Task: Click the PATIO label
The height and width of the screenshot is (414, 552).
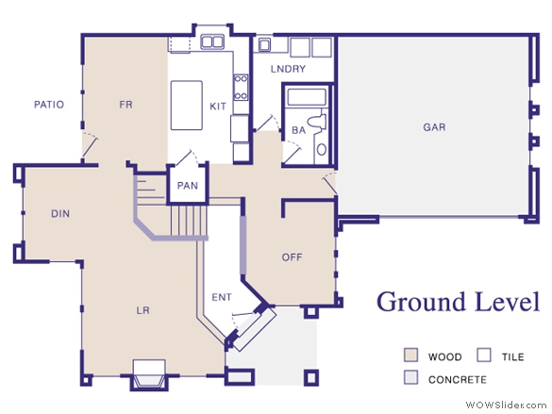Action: (x=49, y=105)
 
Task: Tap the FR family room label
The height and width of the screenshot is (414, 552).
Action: (x=126, y=105)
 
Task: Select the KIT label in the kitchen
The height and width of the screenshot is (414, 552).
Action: (x=218, y=107)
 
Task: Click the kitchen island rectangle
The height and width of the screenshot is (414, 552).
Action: (x=187, y=106)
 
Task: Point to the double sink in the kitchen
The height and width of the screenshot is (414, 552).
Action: (x=212, y=41)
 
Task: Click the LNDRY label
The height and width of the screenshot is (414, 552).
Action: (x=288, y=69)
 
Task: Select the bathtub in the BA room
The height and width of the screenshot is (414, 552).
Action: (x=307, y=97)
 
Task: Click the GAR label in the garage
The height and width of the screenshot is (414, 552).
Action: (x=434, y=127)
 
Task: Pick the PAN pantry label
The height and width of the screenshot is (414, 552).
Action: (x=187, y=186)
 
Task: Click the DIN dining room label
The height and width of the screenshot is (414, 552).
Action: (x=60, y=213)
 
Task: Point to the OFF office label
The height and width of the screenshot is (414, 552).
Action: (x=292, y=257)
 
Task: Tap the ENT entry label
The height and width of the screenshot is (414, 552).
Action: (x=222, y=297)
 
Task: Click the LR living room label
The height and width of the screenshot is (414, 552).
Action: (x=142, y=310)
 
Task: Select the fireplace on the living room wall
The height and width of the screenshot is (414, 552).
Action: (x=149, y=375)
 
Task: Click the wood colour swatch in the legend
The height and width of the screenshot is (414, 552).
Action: (x=410, y=355)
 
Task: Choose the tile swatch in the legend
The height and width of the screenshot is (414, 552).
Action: (x=484, y=355)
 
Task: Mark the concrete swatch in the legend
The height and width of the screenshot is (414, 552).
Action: (x=410, y=377)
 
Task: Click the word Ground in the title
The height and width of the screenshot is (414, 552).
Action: (x=423, y=302)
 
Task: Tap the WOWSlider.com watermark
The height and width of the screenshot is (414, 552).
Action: (x=506, y=405)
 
